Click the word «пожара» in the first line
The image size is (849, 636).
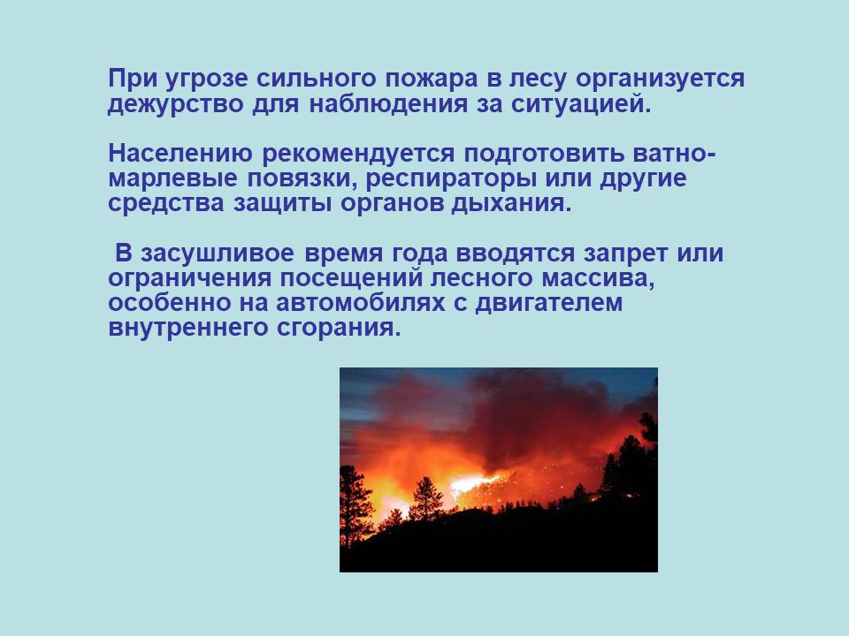click(x=432, y=79)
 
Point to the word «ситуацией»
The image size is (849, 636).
click(x=580, y=104)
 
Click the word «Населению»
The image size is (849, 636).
click(x=180, y=154)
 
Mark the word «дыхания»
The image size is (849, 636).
click(x=512, y=204)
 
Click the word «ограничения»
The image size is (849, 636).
click(x=189, y=279)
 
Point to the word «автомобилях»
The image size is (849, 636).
click(x=360, y=303)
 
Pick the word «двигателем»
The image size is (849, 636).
click(x=548, y=304)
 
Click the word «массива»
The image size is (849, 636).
click(x=598, y=279)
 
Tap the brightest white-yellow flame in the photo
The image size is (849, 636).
click(x=472, y=483)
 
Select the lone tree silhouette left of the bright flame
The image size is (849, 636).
click(x=425, y=500)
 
